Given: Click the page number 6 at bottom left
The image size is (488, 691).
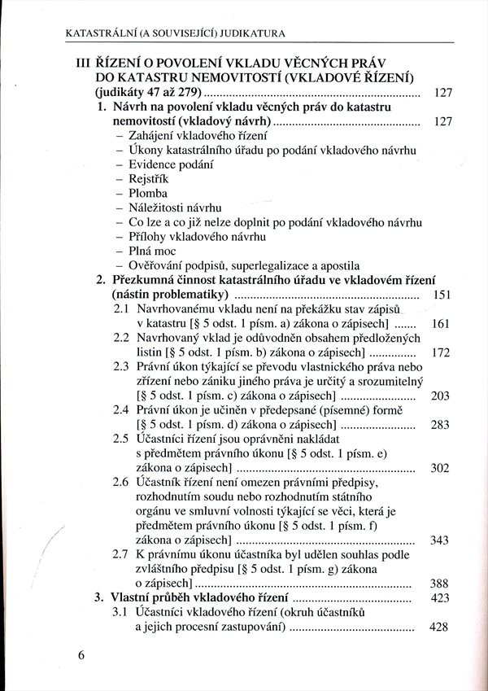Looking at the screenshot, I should (82, 657).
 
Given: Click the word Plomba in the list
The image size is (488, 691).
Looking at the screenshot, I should (148, 194).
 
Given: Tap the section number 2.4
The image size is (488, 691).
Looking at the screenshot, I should (122, 410).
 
